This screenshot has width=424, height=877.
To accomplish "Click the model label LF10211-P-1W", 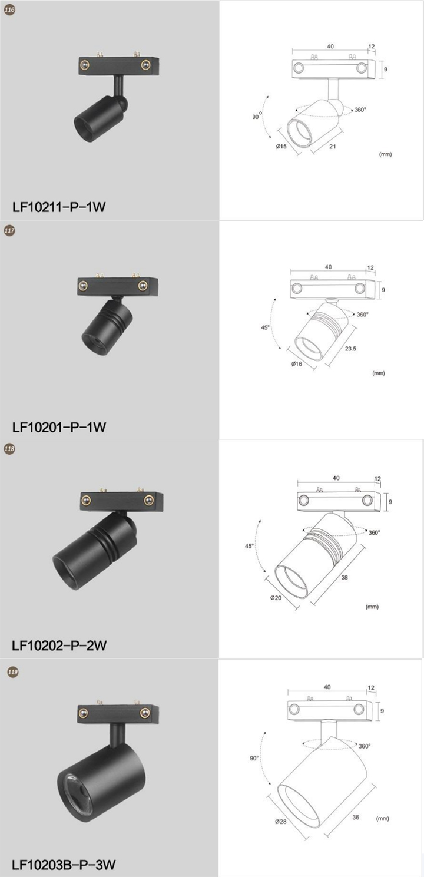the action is pyautogui.click(x=59, y=206).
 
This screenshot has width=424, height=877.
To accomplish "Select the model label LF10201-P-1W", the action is pyautogui.click(x=59, y=427).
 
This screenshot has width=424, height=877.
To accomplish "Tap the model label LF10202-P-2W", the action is pyautogui.click(x=59, y=645).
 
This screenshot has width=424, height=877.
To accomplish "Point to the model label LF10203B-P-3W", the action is pyautogui.click(x=64, y=864).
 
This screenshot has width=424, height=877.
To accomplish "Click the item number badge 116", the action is pyautogui.click(x=9, y=10).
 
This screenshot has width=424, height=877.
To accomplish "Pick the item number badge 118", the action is pyautogui.click(x=9, y=449).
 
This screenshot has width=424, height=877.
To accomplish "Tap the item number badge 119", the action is pyautogui.click(x=13, y=672).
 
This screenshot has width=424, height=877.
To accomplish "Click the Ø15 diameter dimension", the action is pyautogui.click(x=281, y=147).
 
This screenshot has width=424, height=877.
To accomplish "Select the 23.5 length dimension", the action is pyautogui.click(x=350, y=348).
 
